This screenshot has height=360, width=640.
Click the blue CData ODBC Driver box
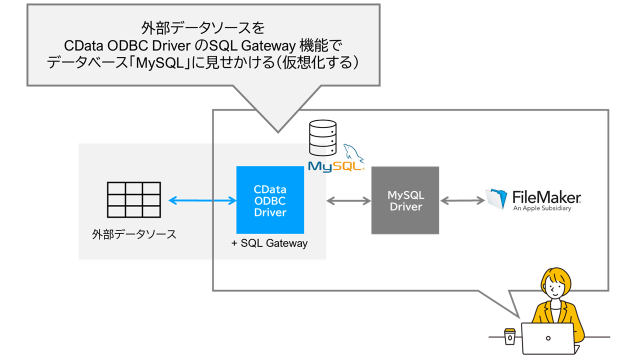tap(270, 200)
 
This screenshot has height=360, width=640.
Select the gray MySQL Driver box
tap(405, 200)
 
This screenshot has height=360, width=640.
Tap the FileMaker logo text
tap(546, 196)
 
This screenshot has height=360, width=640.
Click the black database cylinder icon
tap(322, 138)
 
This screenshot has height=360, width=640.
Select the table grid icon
tap(133, 199)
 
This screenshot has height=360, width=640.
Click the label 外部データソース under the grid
tap(134, 234)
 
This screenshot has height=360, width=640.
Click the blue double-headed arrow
tap(202, 200)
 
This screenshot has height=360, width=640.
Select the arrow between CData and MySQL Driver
tap(348, 200)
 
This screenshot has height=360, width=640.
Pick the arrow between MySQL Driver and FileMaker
tap(462, 200)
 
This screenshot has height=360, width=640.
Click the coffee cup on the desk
tap(509, 336)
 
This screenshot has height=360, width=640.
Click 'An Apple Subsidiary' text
tap(542, 208)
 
